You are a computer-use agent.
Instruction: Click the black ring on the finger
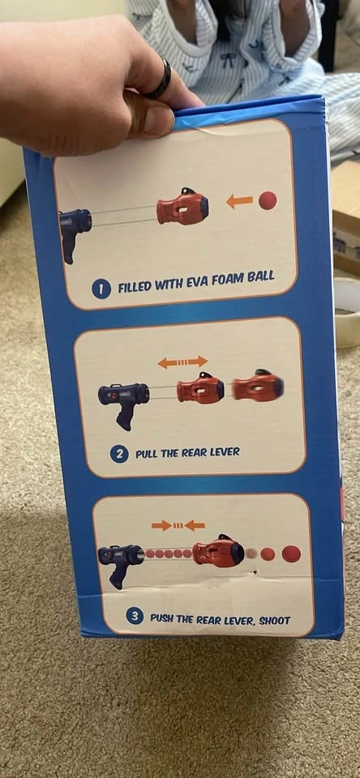[160, 79]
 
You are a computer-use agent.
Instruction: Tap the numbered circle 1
[101, 289]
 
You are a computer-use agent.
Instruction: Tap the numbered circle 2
[119, 454]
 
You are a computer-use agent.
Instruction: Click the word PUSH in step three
[162, 618]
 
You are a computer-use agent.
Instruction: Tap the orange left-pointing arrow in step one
[239, 201]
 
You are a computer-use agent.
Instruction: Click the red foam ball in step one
[268, 200]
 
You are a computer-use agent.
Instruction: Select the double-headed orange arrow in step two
[182, 361]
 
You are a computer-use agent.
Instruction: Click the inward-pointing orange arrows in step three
[178, 525]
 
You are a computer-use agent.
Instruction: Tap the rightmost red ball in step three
[291, 554]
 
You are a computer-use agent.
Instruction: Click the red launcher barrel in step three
[218, 550]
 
